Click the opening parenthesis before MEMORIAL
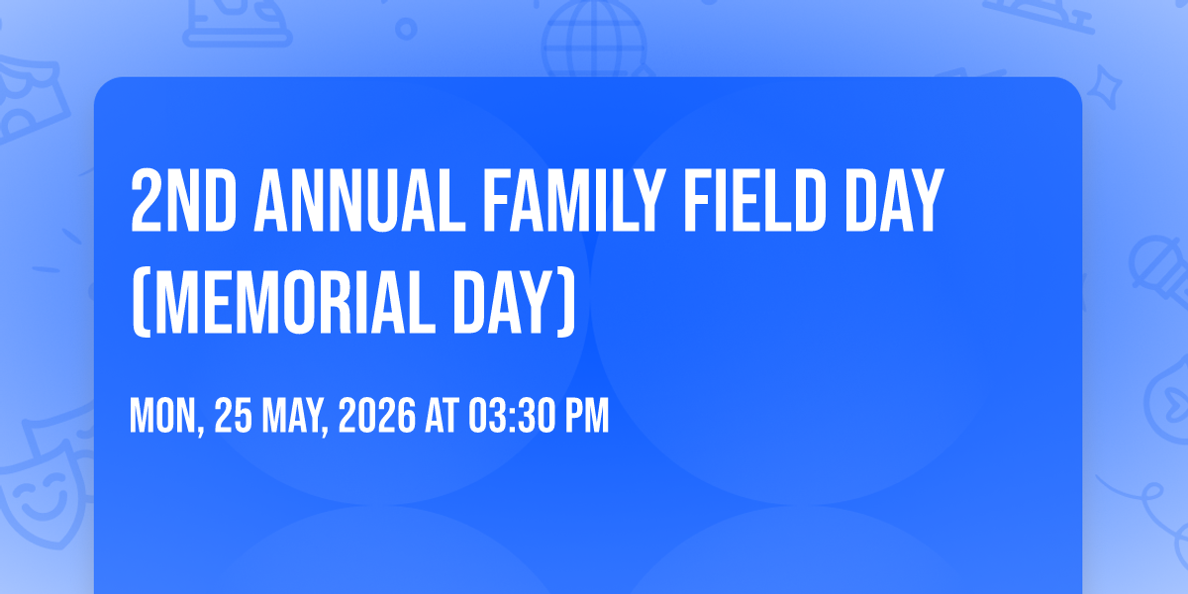point(141,302)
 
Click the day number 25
point(234,417)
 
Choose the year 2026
point(377,417)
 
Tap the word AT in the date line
point(442,417)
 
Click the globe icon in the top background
point(594,40)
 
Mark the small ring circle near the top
point(406,29)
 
